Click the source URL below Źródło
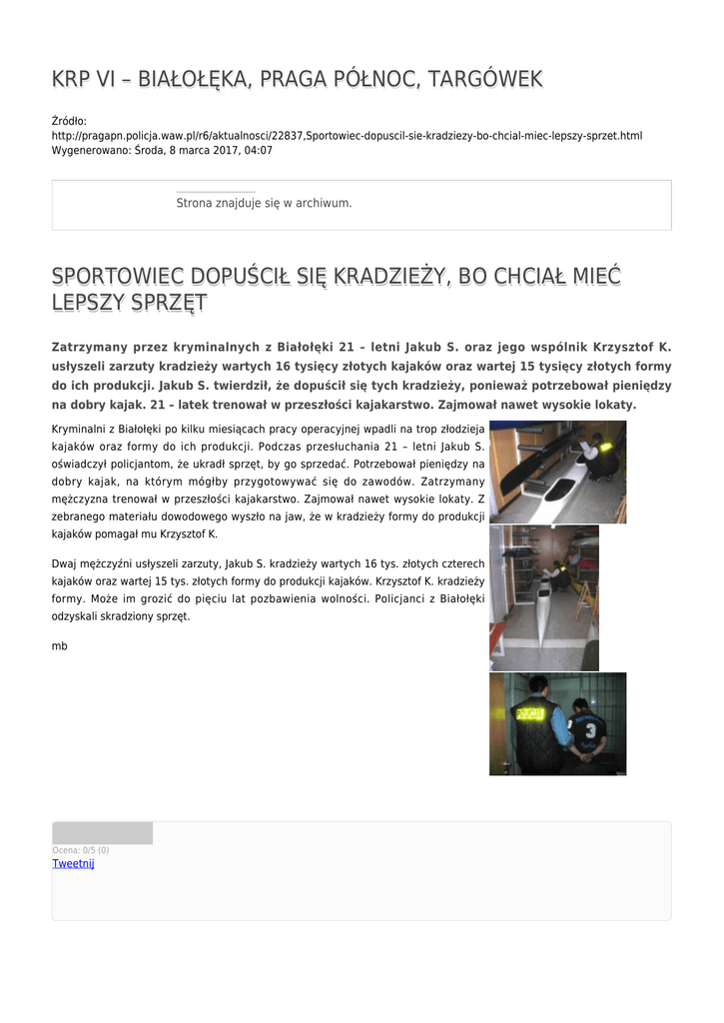[347, 135]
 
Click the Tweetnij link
[73, 863]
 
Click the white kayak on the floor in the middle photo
[542, 609]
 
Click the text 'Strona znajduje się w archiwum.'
[264, 203]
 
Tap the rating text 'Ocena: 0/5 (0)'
[81, 850]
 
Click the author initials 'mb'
[59, 646]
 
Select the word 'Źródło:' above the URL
[69, 121]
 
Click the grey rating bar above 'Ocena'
[102, 833]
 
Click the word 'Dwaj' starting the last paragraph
[63, 563]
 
